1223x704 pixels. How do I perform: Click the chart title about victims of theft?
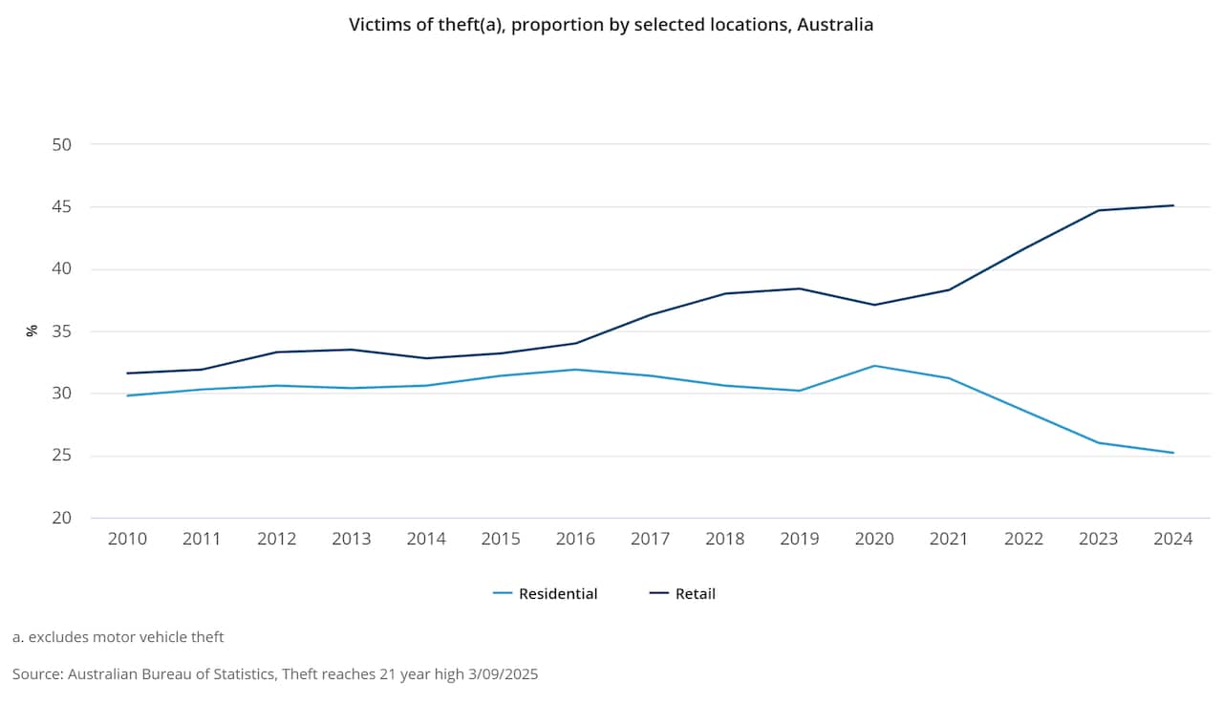(611, 25)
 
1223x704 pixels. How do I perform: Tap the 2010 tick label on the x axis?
(127, 539)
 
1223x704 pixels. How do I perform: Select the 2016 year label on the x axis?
(575, 539)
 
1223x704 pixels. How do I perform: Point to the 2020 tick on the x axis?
(874, 539)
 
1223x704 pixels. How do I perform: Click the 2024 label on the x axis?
(1173, 539)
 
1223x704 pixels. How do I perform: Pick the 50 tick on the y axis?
(62, 144)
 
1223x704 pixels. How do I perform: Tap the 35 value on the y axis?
(62, 331)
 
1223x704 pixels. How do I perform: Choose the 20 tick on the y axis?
(62, 518)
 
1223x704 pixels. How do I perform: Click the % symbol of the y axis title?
(32, 331)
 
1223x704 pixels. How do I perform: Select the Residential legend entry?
(546, 593)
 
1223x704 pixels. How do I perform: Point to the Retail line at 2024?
(1173, 205)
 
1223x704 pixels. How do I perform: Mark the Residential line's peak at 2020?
(874, 366)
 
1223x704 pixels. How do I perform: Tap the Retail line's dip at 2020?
(874, 305)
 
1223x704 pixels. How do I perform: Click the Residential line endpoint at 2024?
(1173, 453)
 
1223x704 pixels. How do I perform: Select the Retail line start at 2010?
(127, 373)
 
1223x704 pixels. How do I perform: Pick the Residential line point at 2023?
(1099, 442)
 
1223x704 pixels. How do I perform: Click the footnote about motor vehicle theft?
(118, 636)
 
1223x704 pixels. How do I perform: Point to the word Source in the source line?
(37, 674)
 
